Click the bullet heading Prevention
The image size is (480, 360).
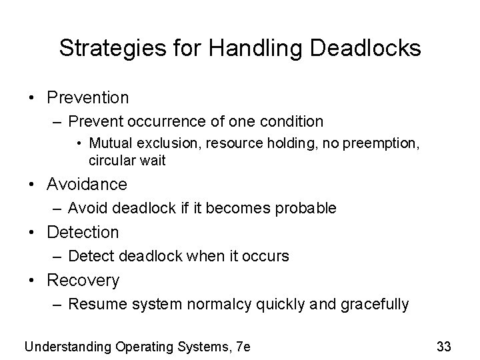pos(88,97)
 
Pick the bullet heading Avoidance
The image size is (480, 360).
pos(87,183)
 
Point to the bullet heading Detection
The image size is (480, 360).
pos(83,232)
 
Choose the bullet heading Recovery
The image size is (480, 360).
pos(83,281)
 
